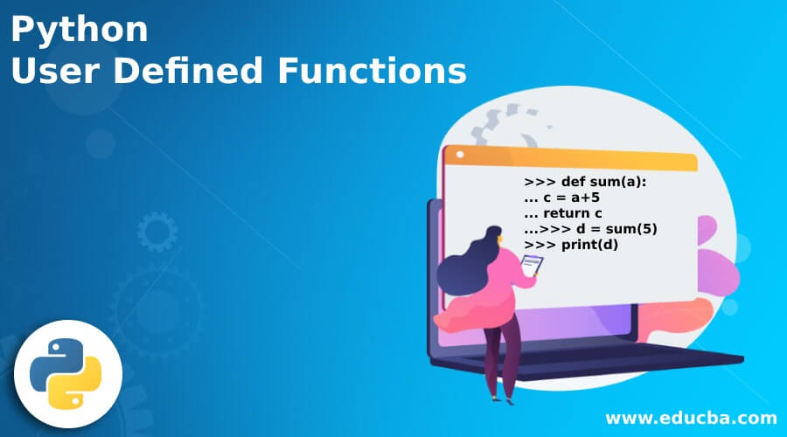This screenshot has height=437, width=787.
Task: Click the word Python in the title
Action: pyautogui.click(x=80, y=31)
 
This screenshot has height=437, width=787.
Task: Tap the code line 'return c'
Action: pyautogui.click(x=563, y=213)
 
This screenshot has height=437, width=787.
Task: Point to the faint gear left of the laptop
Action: pyautogui.click(x=157, y=232)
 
